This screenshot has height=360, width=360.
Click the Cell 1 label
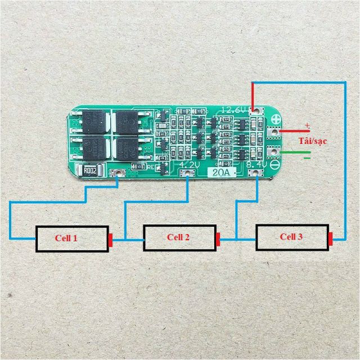pos(66,238)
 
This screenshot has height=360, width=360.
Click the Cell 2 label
pos(178,237)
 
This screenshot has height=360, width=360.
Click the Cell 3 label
pos(291,236)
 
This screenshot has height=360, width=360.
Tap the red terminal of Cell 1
pos(111,239)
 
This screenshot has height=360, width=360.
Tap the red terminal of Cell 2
pos(219,238)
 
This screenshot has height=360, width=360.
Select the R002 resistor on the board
pos(92,170)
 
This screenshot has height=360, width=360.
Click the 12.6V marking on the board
pos(235,110)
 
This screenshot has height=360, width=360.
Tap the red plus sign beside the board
pos(307,125)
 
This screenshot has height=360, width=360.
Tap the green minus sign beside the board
pos(307,158)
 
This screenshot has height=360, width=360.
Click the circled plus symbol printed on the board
pos(276,119)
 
